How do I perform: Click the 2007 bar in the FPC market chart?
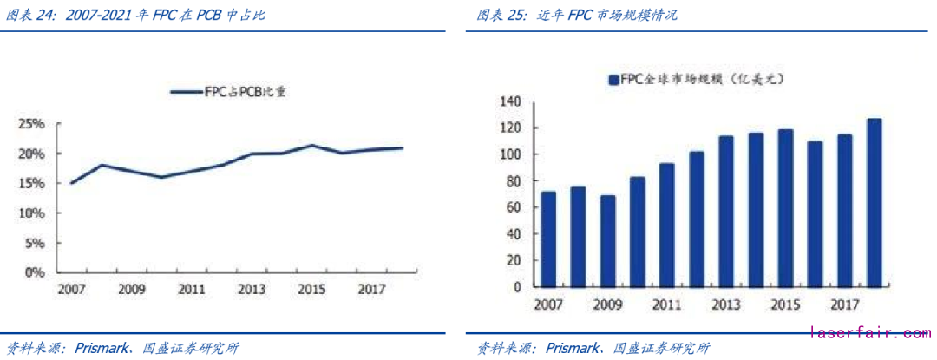(548, 239)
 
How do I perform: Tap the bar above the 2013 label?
(726, 212)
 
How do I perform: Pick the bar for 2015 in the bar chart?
(785, 208)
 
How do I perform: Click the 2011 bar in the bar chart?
(666, 226)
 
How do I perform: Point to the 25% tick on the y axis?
(32, 124)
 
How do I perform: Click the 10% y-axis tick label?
(32, 213)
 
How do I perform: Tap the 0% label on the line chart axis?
(35, 272)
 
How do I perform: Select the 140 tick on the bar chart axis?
(509, 102)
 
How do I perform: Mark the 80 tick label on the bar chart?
(513, 181)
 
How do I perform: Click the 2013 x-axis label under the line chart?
(252, 289)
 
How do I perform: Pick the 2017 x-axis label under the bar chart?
(844, 305)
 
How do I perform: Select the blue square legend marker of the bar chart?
(613, 80)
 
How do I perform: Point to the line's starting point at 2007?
(71, 183)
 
